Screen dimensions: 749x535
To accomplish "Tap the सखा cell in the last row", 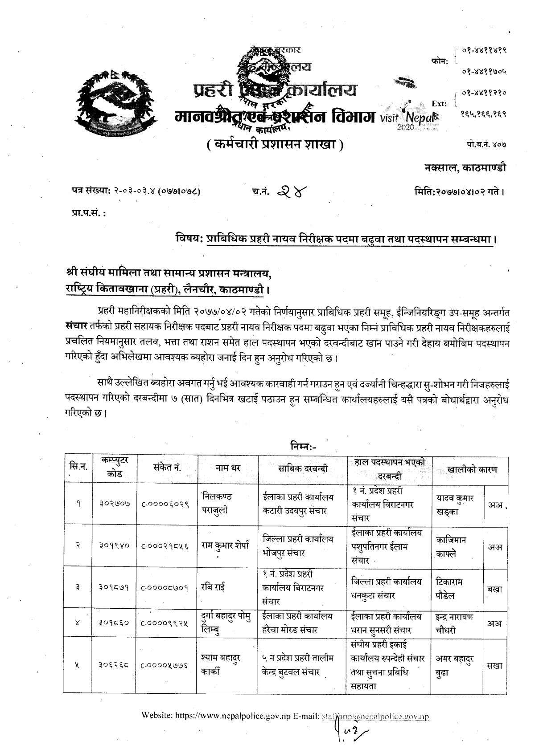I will (494, 666).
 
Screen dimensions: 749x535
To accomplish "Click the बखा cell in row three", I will (494, 589).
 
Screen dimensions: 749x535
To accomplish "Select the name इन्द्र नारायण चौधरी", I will (455, 623).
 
